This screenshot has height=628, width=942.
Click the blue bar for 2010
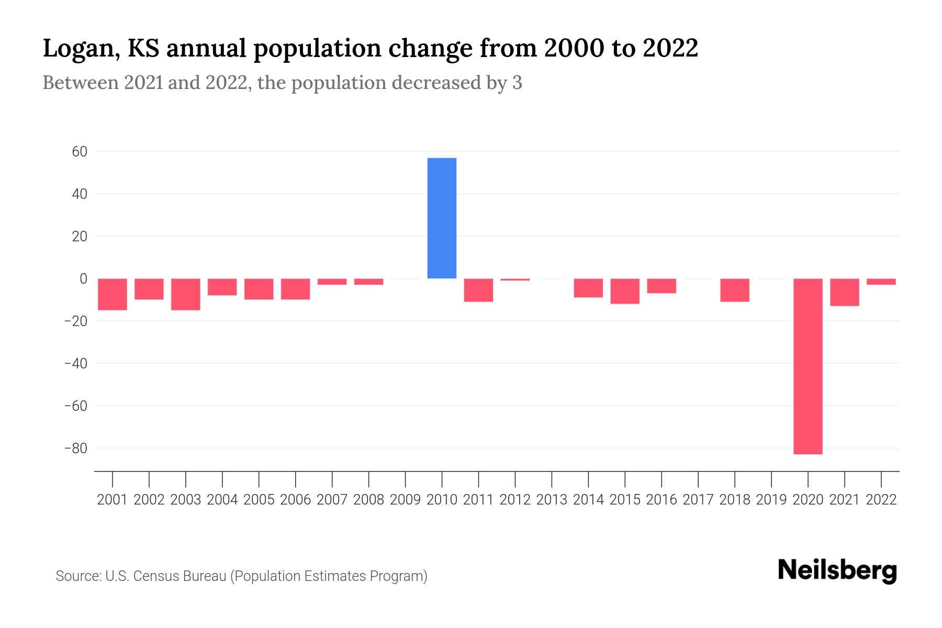tap(442, 218)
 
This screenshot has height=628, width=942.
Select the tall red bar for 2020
tap(808, 366)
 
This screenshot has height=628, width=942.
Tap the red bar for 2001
tap(113, 294)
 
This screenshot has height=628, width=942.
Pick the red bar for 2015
tap(625, 291)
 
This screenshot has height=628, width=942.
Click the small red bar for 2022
tap(881, 282)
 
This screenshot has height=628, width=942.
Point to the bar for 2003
tap(186, 294)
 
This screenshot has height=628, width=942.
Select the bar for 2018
tap(735, 290)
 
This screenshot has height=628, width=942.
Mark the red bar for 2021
tap(844, 292)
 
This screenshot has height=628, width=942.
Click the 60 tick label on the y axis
tap(80, 152)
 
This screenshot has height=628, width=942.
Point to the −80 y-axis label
tap(75, 448)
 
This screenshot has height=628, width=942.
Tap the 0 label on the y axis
tap(83, 279)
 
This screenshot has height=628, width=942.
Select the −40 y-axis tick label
tap(75, 364)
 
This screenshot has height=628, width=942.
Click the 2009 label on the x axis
tap(405, 500)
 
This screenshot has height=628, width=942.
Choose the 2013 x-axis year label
tap(552, 500)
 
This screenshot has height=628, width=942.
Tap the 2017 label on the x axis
tap(698, 500)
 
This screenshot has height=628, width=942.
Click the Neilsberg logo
tap(837, 570)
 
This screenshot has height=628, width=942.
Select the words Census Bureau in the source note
tap(180, 576)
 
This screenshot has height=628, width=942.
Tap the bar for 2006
tap(296, 289)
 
